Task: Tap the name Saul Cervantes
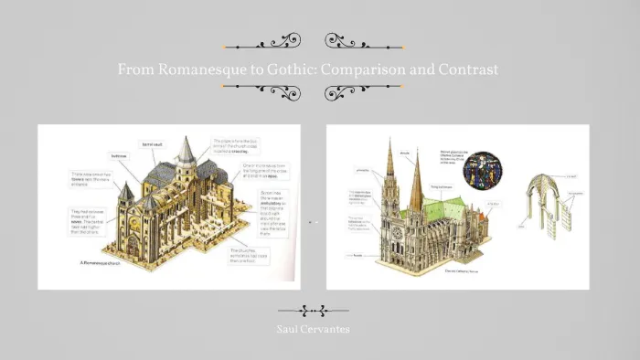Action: (313, 327)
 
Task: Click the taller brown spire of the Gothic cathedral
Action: (417, 183)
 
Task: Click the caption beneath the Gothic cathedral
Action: (462, 270)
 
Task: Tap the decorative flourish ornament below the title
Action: (313, 90)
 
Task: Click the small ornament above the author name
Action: (313, 310)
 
